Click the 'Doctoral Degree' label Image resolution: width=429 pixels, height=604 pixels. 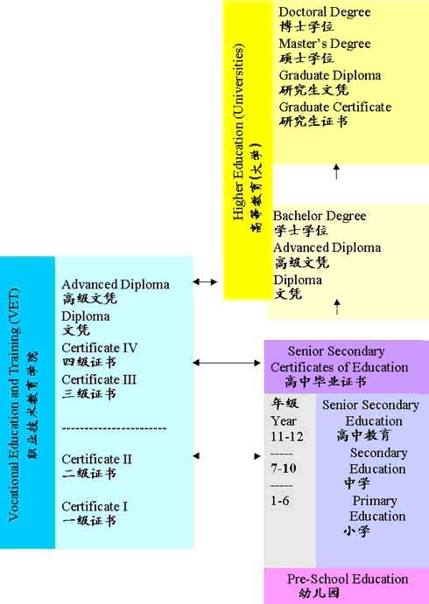pyautogui.click(x=325, y=12)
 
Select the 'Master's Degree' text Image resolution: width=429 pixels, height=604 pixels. pyautogui.click(x=325, y=44)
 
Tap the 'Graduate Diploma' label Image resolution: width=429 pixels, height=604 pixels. pyautogui.click(x=330, y=75)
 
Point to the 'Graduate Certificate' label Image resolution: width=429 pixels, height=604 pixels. pyautogui.click(x=334, y=107)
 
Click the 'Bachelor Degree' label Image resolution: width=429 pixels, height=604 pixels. pyautogui.click(x=320, y=216)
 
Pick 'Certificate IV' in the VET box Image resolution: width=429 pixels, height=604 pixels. pyautogui.click(x=99, y=348)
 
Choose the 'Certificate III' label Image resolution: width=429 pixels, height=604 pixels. pyautogui.click(x=99, y=379)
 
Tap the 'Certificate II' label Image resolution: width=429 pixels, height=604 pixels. pyautogui.click(x=96, y=459)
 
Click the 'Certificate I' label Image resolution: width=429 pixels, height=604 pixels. pyautogui.click(x=95, y=506)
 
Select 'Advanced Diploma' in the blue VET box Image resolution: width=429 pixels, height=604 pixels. pyautogui.click(x=116, y=285)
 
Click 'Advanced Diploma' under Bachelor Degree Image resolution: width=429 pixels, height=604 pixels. pyautogui.click(x=327, y=247)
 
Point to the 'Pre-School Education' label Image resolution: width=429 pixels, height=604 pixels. pyautogui.click(x=348, y=579)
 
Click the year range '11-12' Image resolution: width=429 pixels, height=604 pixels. pyautogui.click(x=286, y=437)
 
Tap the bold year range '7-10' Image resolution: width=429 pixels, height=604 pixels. pyautogui.click(x=283, y=469)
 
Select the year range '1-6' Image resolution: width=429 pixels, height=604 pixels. pyautogui.click(x=279, y=500)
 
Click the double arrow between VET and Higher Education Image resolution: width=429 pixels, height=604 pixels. pyautogui.click(x=205, y=282)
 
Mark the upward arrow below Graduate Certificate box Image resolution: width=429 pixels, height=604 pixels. pyautogui.click(x=336, y=171)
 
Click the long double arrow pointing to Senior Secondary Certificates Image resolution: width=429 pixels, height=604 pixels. pyautogui.click(x=227, y=363)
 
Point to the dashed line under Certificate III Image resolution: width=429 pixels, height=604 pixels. pyautogui.click(x=114, y=428)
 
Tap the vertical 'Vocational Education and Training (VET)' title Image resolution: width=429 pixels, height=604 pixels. pyautogui.click(x=14, y=405)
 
